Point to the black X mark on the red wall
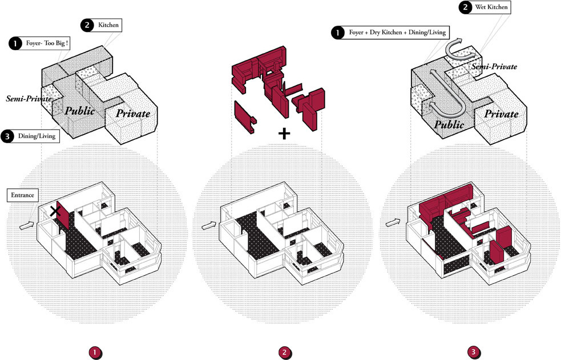(x=55, y=211)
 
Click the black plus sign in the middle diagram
(x=284, y=134)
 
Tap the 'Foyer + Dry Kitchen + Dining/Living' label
(x=397, y=33)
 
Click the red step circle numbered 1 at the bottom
(x=94, y=352)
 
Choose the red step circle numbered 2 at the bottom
(x=284, y=352)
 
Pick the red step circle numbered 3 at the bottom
(x=473, y=352)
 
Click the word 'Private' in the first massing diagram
(x=133, y=114)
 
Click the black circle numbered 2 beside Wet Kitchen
(x=466, y=7)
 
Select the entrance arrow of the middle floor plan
(x=209, y=226)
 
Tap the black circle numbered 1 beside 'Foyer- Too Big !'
(x=14, y=43)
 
